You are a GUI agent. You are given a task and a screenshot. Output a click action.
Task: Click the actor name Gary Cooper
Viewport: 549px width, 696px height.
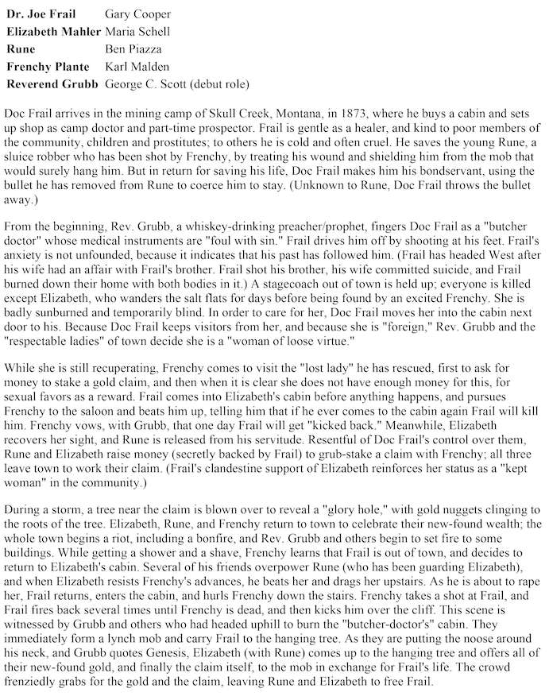pyautogui.click(x=137, y=14)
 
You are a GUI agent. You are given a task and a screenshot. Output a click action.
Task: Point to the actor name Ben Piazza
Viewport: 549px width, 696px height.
pyautogui.click(x=133, y=49)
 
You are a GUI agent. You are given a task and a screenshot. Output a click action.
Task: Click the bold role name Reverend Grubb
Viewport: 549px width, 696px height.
pyautogui.click(x=52, y=83)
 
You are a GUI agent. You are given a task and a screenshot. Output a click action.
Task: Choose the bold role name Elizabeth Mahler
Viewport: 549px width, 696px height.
pyautogui.click(x=53, y=32)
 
